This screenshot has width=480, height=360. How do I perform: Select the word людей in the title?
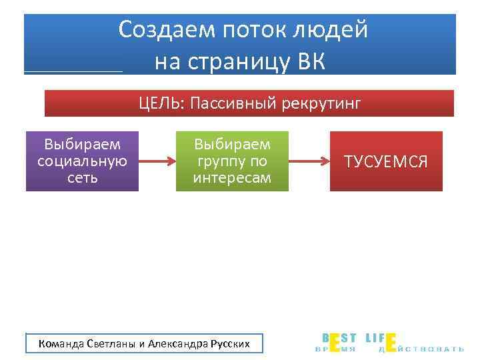pos(333,29)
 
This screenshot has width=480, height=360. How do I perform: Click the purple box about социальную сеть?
pos(82,161)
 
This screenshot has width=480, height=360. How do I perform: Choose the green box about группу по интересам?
pos(232,161)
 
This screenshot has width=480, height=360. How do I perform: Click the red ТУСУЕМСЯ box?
pos(386,161)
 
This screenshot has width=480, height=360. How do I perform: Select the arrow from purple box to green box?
pos(157,161)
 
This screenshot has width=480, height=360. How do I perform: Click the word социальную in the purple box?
pos(82,161)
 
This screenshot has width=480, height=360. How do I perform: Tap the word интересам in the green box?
pos(232,178)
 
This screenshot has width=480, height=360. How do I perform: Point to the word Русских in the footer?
pos(230,344)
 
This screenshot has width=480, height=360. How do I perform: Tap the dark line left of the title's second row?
pos(73,71)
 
